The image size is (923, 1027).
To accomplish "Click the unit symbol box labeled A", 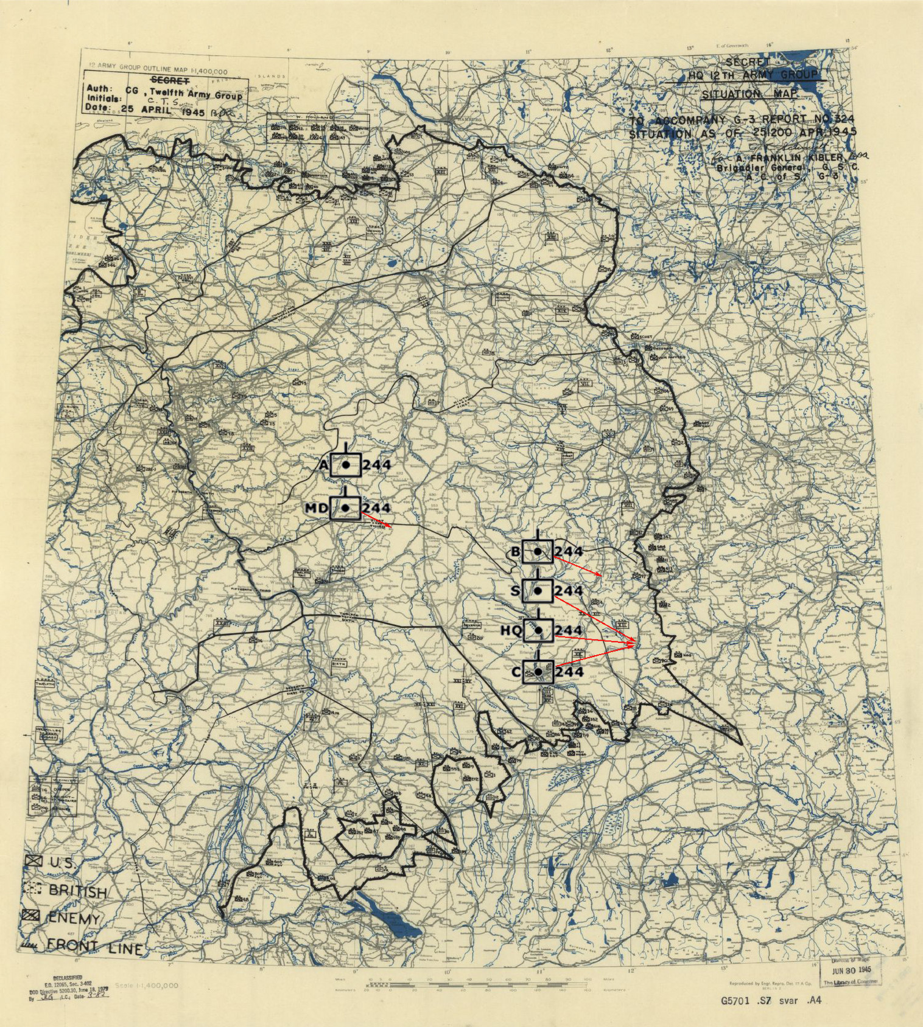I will pyautogui.click(x=346, y=465).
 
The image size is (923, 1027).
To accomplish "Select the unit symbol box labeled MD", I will pyautogui.click(x=345, y=507).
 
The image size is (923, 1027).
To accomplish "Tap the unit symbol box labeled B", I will pyautogui.click(x=538, y=551).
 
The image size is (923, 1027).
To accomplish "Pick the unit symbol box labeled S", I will pyautogui.click(x=538, y=590).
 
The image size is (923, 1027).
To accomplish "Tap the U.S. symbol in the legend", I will pyautogui.click(x=34, y=861).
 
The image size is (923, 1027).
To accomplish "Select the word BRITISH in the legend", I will pyautogui.click(x=77, y=891).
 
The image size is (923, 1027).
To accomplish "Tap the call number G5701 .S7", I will pyautogui.click(x=746, y=1001).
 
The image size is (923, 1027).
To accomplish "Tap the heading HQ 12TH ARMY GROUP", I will pyautogui.click(x=753, y=75).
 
